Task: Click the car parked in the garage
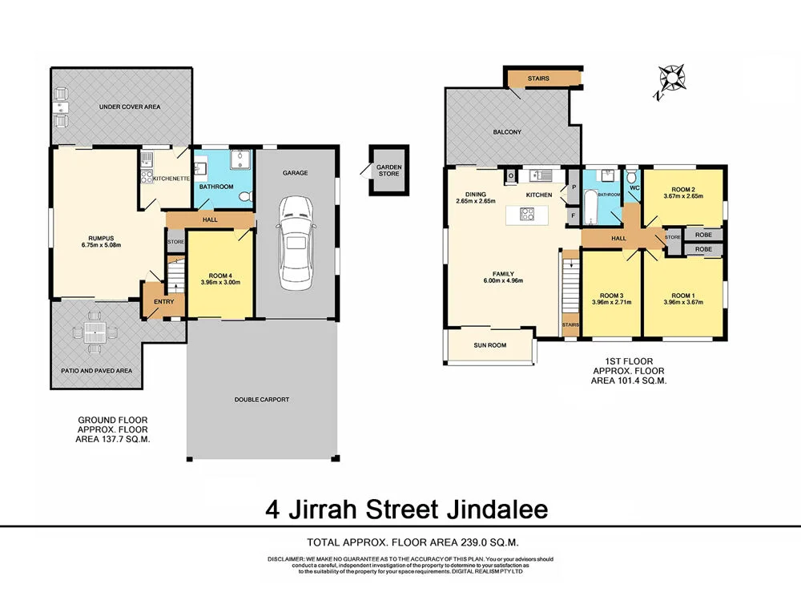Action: pyautogui.click(x=294, y=245)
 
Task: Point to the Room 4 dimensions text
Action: pyautogui.click(x=219, y=282)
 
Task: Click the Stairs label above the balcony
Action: pyautogui.click(x=538, y=78)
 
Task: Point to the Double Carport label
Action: pyautogui.click(x=261, y=399)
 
